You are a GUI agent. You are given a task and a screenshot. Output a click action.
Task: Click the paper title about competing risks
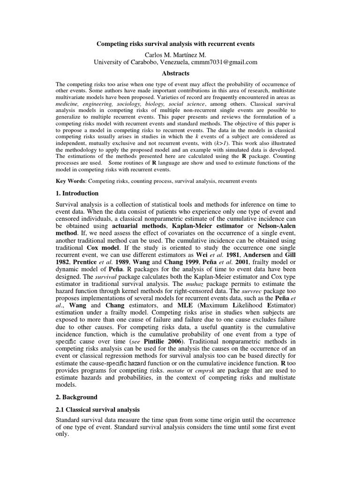176,44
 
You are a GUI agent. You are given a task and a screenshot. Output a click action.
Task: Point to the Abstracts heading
176,74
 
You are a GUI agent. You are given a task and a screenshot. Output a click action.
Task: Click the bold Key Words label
71,181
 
